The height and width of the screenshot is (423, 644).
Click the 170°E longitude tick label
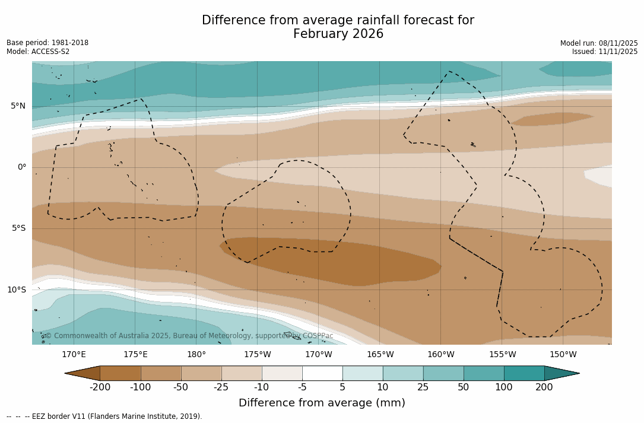coord(74,355)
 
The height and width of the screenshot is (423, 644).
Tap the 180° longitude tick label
coord(196,355)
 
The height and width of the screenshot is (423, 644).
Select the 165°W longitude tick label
coord(380,355)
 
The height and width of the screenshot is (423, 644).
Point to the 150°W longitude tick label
coord(563,355)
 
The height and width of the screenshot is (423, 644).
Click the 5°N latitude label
coord(18,106)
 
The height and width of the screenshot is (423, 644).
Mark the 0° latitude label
coord(22,167)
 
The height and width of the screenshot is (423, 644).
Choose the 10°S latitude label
coord(17,290)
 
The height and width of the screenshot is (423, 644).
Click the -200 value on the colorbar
coord(100,387)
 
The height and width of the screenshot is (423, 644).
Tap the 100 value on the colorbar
coord(504,387)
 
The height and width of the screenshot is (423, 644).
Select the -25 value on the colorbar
coord(221,387)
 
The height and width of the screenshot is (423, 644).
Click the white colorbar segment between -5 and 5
coord(322,373)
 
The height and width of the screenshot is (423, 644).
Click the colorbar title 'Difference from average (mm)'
coord(322,403)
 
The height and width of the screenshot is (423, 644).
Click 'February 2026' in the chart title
coord(338,34)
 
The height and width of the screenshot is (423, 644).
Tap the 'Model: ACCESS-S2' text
coord(38,52)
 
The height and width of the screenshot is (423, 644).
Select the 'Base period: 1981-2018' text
coord(47,43)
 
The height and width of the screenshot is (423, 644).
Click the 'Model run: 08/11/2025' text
coord(599,43)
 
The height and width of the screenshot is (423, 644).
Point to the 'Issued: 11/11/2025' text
coord(605,52)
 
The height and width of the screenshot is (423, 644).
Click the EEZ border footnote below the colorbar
coord(104,416)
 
